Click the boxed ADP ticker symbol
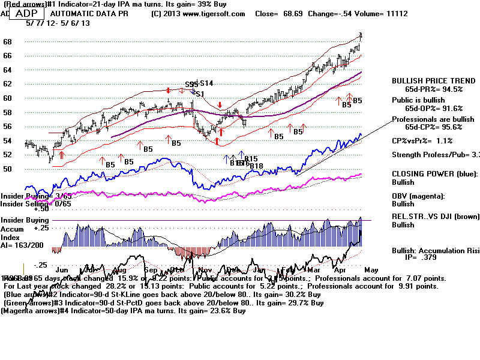[x=26, y=13]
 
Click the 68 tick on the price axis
[x=8, y=41]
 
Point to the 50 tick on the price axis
[x=8, y=169]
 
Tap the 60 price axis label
[x=8, y=98]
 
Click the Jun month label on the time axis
[x=60, y=271]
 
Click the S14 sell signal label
[x=206, y=83]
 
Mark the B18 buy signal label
[x=256, y=166]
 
